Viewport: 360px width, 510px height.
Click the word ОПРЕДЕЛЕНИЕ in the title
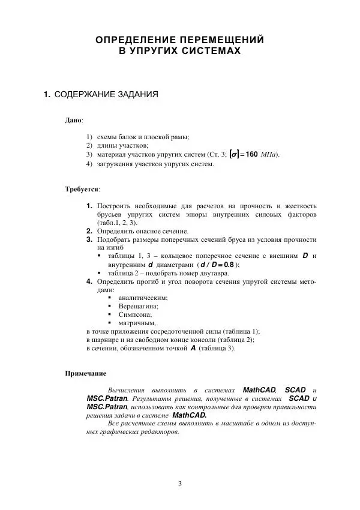coord(128,40)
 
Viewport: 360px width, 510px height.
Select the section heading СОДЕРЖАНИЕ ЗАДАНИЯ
coord(107,95)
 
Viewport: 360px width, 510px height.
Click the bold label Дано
coord(74,121)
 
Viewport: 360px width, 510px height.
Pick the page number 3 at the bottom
coord(180,484)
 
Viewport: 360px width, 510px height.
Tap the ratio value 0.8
coord(229,265)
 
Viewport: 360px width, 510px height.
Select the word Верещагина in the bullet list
coord(135,305)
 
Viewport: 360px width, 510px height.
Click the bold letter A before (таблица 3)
coord(193,347)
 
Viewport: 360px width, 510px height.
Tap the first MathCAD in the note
coord(259,389)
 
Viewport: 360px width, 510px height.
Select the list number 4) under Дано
coord(89,163)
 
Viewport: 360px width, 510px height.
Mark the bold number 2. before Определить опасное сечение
coord(90,230)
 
